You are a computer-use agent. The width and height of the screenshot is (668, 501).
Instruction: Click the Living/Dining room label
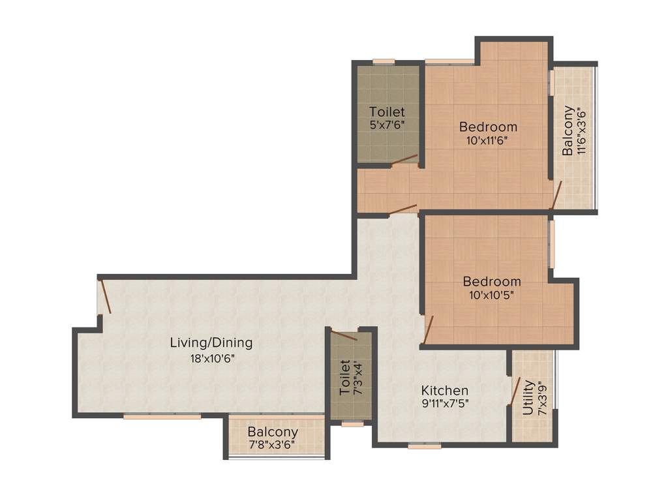click(x=211, y=342)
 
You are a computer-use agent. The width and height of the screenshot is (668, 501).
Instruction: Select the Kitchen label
click(x=445, y=390)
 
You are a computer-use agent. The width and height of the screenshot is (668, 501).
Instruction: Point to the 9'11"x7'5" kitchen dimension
click(x=445, y=402)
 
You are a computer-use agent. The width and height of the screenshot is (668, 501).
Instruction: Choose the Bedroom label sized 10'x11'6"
click(x=488, y=127)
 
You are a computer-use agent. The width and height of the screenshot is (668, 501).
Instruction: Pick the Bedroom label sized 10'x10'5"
click(x=492, y=282)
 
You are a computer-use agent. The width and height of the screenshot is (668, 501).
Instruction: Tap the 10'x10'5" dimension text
click(x=492, y=295)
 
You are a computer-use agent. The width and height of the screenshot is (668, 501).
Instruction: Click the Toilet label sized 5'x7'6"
click(x=387, y=112)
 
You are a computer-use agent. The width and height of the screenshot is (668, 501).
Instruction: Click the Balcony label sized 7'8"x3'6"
click(x=273, y=432)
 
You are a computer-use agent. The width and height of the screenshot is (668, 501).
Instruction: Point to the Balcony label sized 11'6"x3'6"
click(x=568, y=130)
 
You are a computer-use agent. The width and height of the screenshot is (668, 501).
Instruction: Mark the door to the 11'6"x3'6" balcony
click(x=556, y=196)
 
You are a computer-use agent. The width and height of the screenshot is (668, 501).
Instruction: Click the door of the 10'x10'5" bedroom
click(x=428, y=329)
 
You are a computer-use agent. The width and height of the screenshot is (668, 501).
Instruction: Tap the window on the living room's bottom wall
click(x=162, y=416)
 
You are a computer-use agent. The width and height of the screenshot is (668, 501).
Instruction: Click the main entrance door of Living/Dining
click(x=104, y=297)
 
